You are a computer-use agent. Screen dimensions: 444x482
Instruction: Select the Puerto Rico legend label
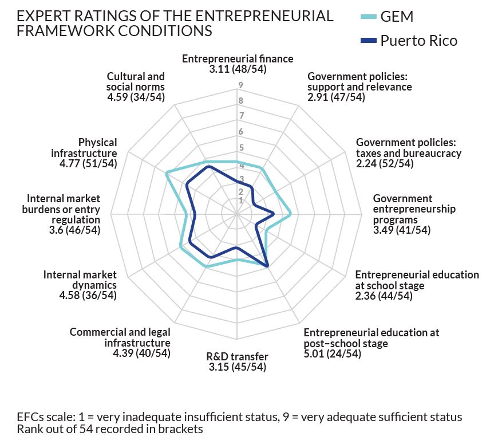[419, 41]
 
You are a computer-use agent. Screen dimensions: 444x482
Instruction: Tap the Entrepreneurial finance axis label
[237, 58]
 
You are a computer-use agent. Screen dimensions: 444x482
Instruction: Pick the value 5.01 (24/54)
[332, 353]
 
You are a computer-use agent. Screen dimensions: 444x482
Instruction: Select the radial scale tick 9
[241, 86]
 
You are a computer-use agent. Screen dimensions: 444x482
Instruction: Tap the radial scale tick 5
[241, 147]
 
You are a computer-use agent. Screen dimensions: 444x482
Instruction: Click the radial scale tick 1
[241, 201]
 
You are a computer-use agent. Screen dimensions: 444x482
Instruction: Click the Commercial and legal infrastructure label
[121, 337]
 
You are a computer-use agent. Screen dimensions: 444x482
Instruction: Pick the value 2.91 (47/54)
[336, 97]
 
